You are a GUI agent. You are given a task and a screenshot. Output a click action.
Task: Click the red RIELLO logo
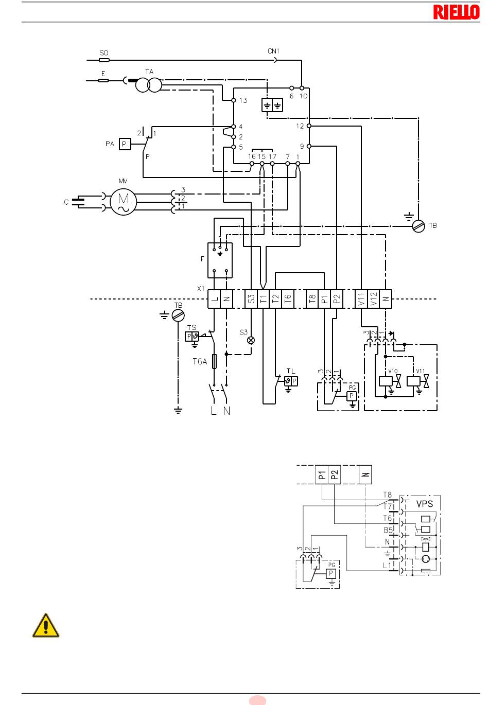[x=456, y=12]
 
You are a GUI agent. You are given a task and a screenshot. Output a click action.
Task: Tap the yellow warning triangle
[x=46, y=625]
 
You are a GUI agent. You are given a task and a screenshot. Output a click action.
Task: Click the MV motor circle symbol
[x=124, y=202]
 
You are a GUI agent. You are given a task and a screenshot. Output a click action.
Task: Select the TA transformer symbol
[x=149, y=85]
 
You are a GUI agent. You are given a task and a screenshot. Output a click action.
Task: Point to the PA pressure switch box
[x=125, y=144]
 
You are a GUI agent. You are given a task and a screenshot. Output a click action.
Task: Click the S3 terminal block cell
[x=251, y=298]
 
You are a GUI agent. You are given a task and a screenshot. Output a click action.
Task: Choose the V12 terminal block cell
[x=373, y=298]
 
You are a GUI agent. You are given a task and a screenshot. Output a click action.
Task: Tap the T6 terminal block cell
[x=288, y=298]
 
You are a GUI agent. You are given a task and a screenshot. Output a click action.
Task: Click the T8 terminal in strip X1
[x=312, y=298]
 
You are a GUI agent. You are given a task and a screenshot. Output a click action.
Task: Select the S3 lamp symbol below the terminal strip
[x=251, y=340]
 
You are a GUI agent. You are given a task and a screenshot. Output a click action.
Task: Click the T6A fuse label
[x=200, y=361]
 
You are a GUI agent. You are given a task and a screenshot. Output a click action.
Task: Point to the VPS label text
[x=425, y=504]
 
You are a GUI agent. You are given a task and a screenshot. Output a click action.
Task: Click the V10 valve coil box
[x=386, y=381]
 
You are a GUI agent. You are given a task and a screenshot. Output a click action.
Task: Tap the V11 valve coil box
[x=413, y=381]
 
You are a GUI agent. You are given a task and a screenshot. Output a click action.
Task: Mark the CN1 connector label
[x=273, y=51]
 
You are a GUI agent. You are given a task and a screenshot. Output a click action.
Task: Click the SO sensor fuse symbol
[x=104, y=60]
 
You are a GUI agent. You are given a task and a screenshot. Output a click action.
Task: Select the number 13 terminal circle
[x=234, y=100]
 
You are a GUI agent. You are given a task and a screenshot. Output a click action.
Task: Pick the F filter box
[x=220, y=260]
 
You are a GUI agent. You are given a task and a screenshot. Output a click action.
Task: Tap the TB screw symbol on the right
[x=418, y=226]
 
